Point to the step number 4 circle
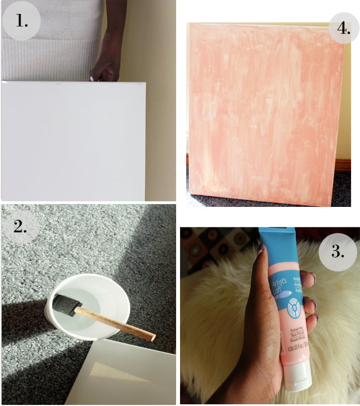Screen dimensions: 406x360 tap(338, 26)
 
